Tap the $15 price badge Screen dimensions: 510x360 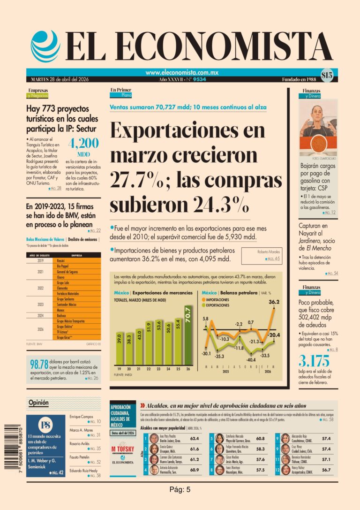[x=327, y=75]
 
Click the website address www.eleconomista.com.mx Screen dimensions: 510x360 [x=182, y=73]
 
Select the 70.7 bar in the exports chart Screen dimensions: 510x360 [x=188, y=335]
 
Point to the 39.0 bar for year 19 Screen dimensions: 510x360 [x=119, y=349]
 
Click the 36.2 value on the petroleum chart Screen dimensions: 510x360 [x=274, y=302]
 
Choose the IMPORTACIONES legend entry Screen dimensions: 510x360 [x=217, y=299]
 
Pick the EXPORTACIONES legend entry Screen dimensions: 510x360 [x=217, y=305]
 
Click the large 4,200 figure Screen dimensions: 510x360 [x=83, y=143]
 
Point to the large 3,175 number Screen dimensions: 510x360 [x=314, y=362]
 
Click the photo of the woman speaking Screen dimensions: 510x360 [x=318, y=132]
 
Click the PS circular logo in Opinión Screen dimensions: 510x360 [x=46, y=425]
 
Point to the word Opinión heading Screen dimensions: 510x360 [x=38, y=403]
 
